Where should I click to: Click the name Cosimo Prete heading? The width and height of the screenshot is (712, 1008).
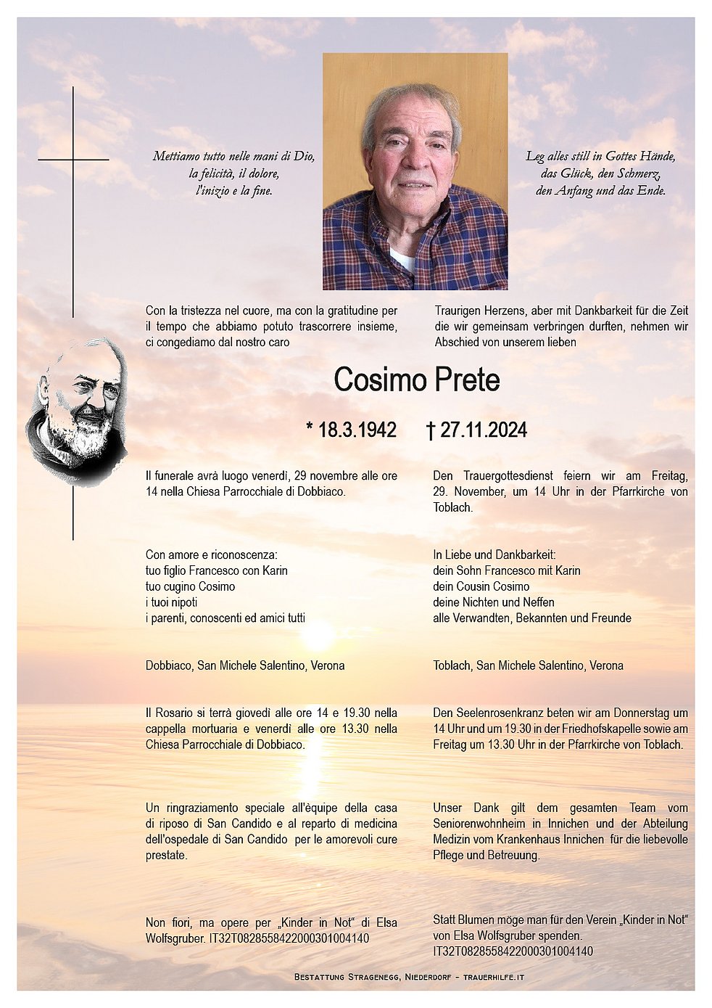pyautogui.click(x=416, y=380)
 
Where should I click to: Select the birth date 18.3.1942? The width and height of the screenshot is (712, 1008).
pyautogui.click(x=357, y=430)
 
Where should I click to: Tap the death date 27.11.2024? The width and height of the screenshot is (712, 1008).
pyautogui.click(x=483, y=430)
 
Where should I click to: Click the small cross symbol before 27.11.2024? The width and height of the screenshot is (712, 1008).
pyautogui.click(x=430, y=431)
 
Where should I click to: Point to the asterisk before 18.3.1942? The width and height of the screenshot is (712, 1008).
pyautogui.click(x=310, y=428)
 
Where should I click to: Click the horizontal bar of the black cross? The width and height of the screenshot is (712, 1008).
pyautogui.click(x=73, y=159)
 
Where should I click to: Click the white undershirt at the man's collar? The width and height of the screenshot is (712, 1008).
pyautogui.click(x=402, y=259)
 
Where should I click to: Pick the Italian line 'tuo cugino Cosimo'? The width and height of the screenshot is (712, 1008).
pyautogui.click(x=190, y=586)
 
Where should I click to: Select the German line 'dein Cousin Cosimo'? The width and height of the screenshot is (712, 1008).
pyautogui.click(x=481, y=586)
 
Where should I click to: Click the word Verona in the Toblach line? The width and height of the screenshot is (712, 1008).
pyautogui.click(x=606, y=665)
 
